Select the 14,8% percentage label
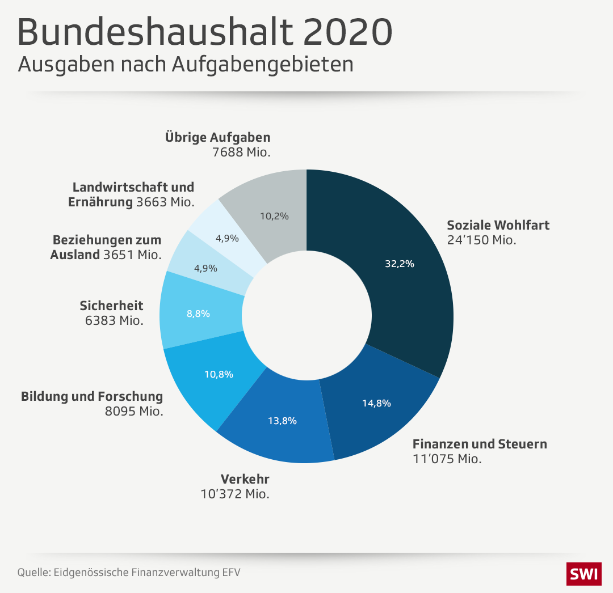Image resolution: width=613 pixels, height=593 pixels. click(x=376, y=403)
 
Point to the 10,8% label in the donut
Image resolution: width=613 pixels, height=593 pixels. click(x=219, y=374)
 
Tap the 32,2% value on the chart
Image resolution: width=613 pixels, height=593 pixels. click(x=399, y=263)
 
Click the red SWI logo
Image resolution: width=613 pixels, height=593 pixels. click(x=583, y=574)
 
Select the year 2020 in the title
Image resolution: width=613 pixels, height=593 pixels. click(x=347, y=33)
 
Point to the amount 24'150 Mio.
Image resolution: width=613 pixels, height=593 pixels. click(x=481, y=240)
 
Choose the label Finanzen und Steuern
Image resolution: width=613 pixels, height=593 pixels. click(x=480, y=444)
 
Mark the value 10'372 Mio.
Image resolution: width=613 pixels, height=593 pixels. click(x=234, y=494)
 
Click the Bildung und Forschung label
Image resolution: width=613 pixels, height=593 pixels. click(x=92, y=396)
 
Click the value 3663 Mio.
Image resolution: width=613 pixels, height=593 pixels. click(x=165, y=202)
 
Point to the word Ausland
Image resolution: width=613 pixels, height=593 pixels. click(x=75, y=255)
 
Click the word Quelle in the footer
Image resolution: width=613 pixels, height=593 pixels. click(x=33, y=572)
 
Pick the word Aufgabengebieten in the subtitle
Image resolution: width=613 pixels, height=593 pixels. click(x=262, y=64)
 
